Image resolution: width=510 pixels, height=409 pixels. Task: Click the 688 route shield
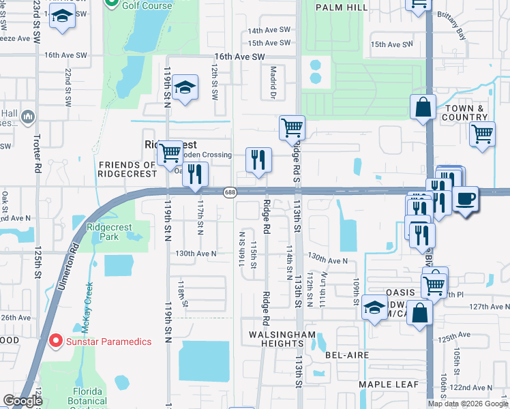(x=230, y=193)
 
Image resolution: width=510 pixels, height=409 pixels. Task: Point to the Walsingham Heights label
(x=282, y=340)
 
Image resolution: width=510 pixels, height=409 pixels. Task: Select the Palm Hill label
(x=342, y=7)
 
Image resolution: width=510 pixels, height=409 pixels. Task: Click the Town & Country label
(x=466, y=112)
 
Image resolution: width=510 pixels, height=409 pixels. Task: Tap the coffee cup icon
(x=466, y=199)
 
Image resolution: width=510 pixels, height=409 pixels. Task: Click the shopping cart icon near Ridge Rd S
(x=292, y=127)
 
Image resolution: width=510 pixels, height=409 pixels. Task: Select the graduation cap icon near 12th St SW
(x=185, y=88)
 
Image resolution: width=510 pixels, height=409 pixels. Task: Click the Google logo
(x=22, y=401)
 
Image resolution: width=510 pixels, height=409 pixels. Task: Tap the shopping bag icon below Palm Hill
(x=423, y=108)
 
